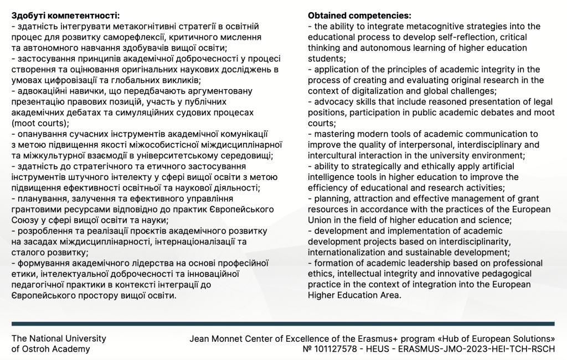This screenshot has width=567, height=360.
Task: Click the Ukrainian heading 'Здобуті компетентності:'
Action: click(x=65, y=16)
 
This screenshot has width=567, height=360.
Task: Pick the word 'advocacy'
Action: click(x=332, y=102)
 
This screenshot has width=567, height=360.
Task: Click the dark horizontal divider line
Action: click(x=283, y=323)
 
